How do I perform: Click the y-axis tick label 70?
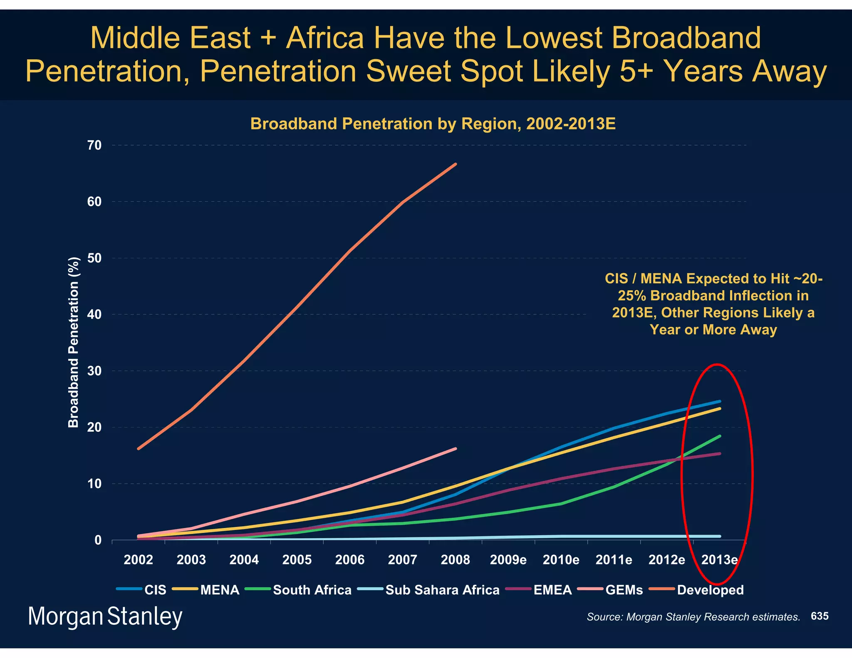pyautogui.click(x=94, y=145)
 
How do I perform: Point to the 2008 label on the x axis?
pyautogui.click(x=455, y=560)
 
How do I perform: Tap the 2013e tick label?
pyautogui.click(x=719, y=560)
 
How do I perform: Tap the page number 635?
pyautogui.click(x=820, y=616)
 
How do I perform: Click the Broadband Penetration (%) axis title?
pyautogui.click(x=74, y=342)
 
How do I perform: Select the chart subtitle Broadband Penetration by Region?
pyautogui.click(x=433, y=124)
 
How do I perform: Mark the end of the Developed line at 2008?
pyautogui.click(x=456, y=164)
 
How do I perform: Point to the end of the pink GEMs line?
pyautogui.click(x=456, y=448)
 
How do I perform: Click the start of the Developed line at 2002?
pyautogui.click(x=138, y=449)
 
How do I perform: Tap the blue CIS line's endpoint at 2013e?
pyautogui.click(x=720, y=401)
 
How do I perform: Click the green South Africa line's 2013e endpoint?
pyautogui.click(x=720, y=436)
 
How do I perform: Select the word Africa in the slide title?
pyautogui.click(x=324, y=38)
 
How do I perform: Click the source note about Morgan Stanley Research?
pyautogui.click(x=693, y=617)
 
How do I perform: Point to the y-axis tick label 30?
pyautogui.click(x=94, y=371)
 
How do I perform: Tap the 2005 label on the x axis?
pyautogui.click(x=297, y=560)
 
